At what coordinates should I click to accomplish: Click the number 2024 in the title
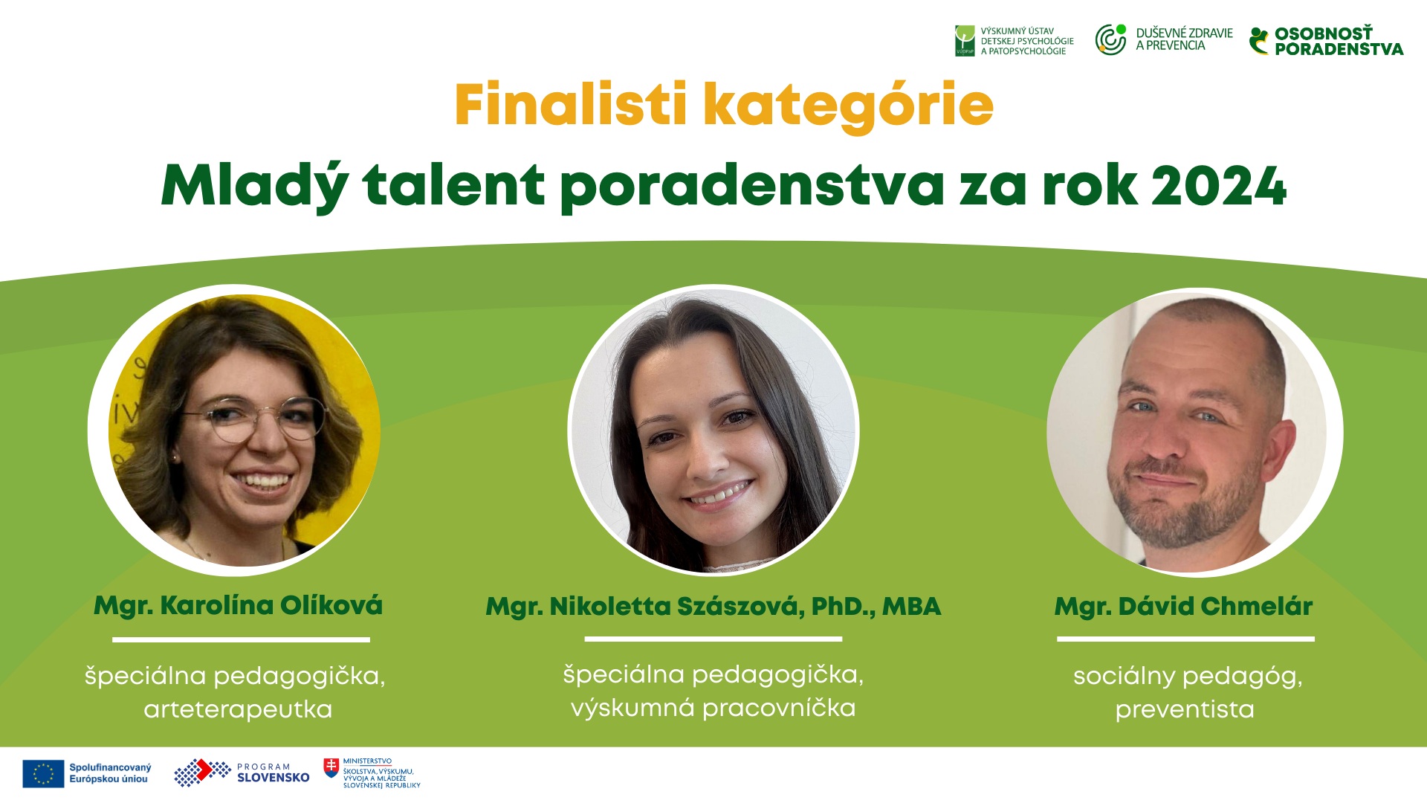point(1219,186)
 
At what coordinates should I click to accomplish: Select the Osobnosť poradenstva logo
point(1327,41)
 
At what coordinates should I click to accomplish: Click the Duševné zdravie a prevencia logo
point(1164,39)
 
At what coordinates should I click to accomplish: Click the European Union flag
point(43,773)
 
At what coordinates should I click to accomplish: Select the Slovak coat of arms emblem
point(331,767)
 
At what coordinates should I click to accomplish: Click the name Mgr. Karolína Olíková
point(238,605)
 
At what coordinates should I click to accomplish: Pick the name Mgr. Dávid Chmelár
point(1183,607)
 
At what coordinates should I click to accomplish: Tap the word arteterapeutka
point(238,709)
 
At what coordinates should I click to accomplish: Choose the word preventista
point(1185,709)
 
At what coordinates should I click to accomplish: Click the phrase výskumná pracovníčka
point(713,708)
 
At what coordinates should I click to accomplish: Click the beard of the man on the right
point(1182,506)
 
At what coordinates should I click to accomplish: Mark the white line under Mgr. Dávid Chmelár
point(1185,639)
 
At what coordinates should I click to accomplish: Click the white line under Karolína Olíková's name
point(241,639)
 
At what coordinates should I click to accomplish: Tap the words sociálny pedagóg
point(1188,677)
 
